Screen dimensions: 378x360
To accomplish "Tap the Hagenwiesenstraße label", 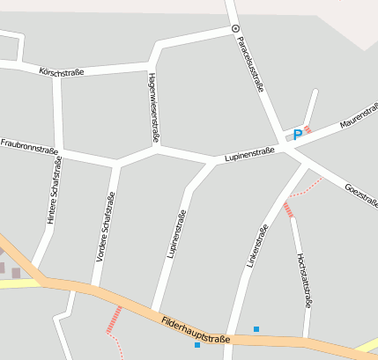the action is (153, 107).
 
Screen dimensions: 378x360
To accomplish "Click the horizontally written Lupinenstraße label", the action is (249, 154).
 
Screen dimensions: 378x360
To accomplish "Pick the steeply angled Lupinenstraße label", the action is (176, 233).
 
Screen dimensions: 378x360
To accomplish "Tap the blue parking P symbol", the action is (298, 134).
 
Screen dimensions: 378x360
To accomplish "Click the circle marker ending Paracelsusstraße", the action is (235, 29).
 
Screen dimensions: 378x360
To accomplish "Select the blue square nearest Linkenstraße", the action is (256, 329).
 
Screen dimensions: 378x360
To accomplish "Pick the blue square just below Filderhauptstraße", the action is (197, 345).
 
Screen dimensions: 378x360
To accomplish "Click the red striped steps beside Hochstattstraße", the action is (288, 209).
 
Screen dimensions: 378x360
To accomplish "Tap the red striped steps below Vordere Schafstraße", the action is (114, 319).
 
